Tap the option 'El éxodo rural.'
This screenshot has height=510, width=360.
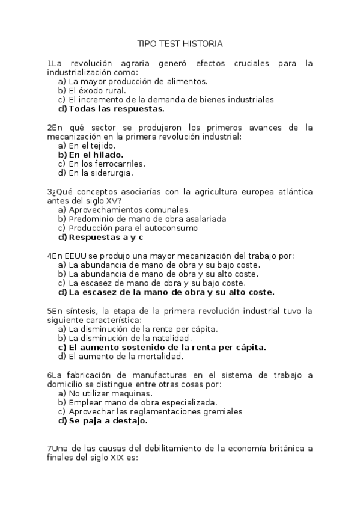click(x=97, y=90)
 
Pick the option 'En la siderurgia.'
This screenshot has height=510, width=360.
click(x=100, y=173)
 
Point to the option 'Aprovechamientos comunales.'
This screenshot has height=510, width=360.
click(x=129, y=210)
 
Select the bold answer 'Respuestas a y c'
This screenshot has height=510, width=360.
click(x=110, y=237)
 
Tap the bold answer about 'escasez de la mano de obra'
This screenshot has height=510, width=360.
click(x=171, y=292)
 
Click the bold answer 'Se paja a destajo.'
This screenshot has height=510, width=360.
click(x=108, y=420)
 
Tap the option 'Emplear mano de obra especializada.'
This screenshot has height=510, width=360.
click(x=143, y=402)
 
